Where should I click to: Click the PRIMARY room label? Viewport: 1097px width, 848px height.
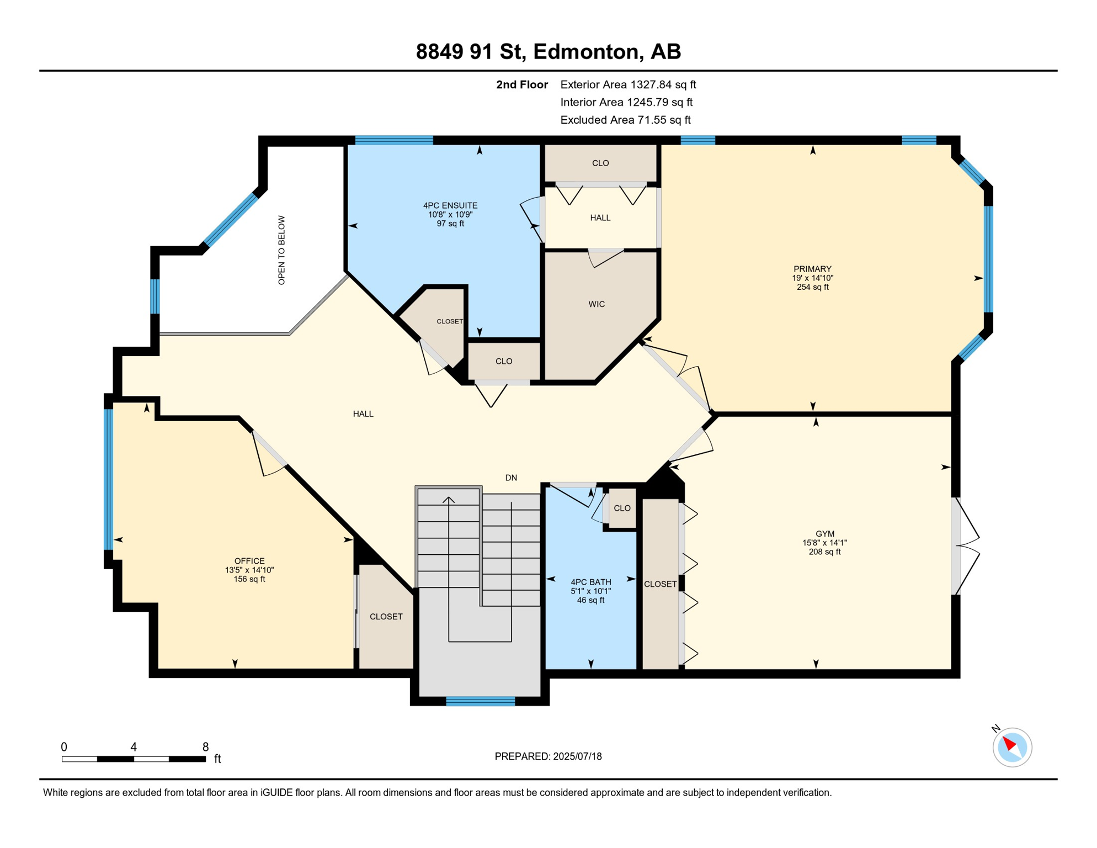(x=812, y=269)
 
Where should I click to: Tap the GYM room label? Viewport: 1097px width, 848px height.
(x=825, y=534)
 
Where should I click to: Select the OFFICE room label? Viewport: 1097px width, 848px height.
(x=249, y=561)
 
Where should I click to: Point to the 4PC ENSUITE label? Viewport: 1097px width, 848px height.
(x=450, y=205)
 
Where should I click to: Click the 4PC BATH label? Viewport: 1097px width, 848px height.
(x=591, y=582)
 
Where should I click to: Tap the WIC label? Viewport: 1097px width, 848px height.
(x=597, y=304)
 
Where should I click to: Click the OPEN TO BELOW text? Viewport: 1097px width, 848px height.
(x=281, y=250)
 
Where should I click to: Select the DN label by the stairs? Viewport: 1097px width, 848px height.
(x=511, y=478)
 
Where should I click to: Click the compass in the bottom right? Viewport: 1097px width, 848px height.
(x=1012, y=747)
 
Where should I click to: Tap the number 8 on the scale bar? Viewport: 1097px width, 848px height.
(x=205, y=747)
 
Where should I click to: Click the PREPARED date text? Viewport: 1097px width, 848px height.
(x=548, y=756)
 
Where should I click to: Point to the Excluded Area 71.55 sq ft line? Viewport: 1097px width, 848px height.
(x=625, y=120)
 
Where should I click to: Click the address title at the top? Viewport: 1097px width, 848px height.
(x=548, y=51)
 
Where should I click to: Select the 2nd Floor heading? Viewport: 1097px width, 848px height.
(x=522, y=84)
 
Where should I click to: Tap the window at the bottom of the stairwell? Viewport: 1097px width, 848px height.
(x=480, y=701)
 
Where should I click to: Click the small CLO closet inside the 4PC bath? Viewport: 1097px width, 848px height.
(x=622, y=508)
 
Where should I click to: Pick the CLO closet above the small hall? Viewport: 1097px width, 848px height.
(x=600, y=163)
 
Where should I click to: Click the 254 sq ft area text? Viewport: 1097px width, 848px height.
(x=812, y=287)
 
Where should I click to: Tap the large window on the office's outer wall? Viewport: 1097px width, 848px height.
(x=109, y=479)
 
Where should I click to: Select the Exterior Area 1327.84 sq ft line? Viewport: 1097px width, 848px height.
(x=628, y=84)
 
